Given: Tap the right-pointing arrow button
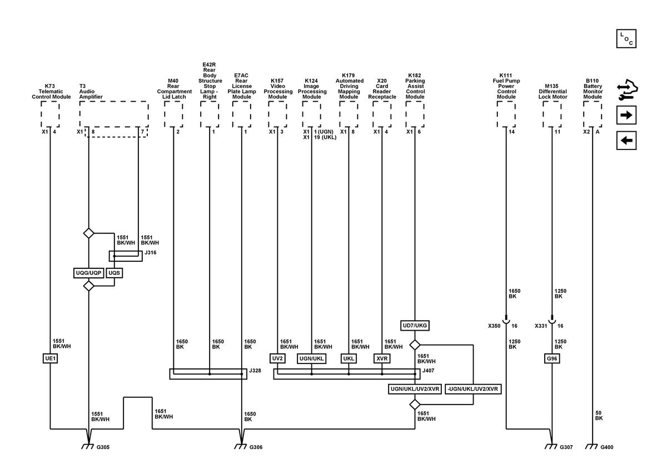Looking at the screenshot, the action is (x=626, y=115).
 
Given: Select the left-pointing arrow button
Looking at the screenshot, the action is (x=626, y=140).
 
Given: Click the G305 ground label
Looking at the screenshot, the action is (x=103, y=447).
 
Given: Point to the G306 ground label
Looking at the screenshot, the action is (x=256, y=447).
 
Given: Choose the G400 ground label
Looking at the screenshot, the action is (x=606, y=447).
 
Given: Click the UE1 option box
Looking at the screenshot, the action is (x=50, y=358).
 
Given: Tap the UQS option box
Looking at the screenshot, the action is (x=115, y=273).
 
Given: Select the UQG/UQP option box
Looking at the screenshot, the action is (x=88, y=273).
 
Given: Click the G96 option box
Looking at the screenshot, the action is (x=552, y=358).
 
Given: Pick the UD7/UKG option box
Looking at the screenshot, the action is (x=415, y=326).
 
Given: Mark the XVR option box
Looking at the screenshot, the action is (x=382, y=358).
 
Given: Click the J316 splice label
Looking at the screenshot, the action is (x=151, y=252).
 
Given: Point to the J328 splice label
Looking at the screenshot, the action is (x=255, y=371).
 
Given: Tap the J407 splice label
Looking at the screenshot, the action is (x=428, y=371).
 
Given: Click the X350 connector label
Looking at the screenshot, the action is (x=494, y=326).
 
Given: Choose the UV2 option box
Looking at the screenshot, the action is (x=277, y=358).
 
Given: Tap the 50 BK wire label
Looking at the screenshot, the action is (x=599, y=416).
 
